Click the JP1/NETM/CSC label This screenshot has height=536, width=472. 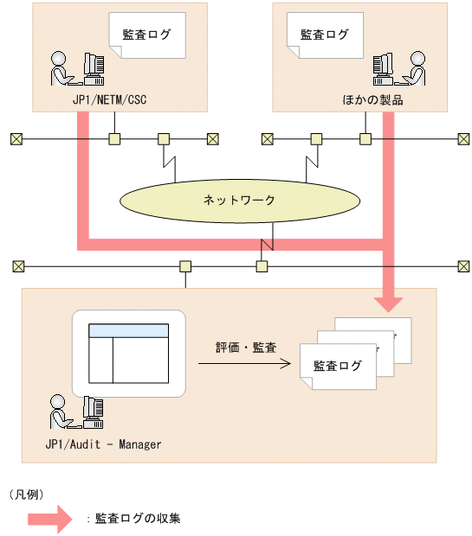109,99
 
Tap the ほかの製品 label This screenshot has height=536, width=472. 372,99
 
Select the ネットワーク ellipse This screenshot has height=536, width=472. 238,200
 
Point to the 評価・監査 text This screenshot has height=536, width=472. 246,348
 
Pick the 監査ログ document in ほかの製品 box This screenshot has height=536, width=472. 324,36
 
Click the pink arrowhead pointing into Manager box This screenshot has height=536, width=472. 389,301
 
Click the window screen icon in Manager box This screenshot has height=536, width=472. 130,353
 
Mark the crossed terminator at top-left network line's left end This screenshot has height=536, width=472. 16,138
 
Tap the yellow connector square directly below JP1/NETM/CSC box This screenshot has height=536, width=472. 113,138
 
